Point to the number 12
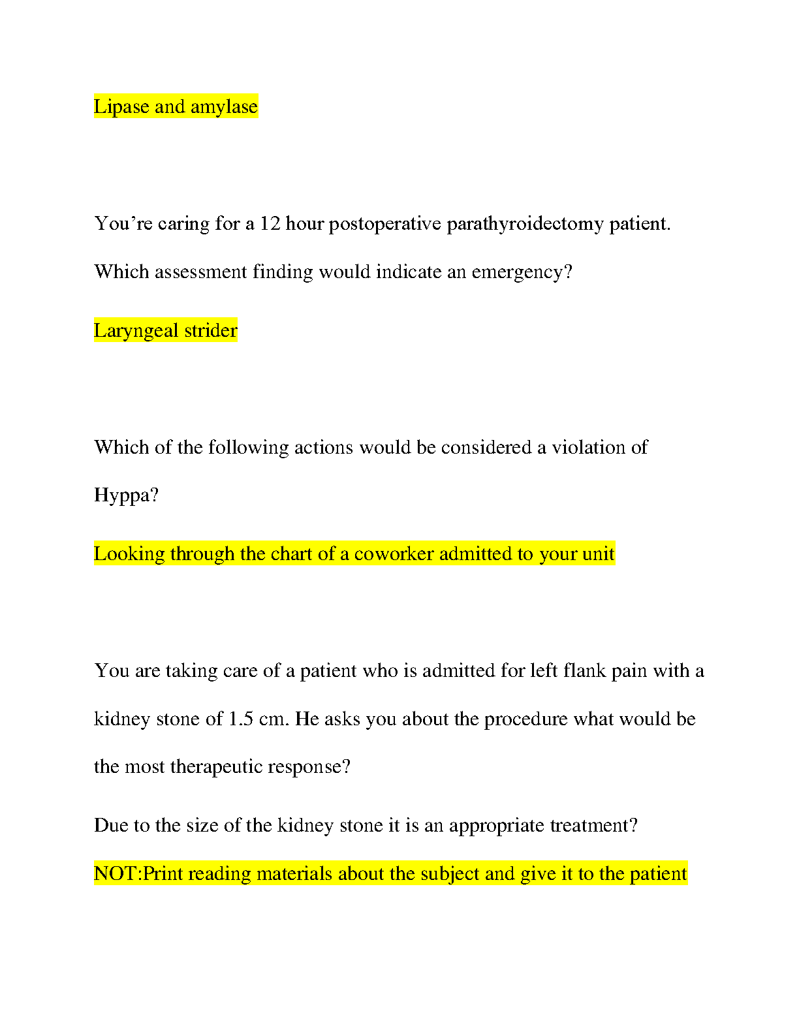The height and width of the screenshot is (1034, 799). (270, 224)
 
